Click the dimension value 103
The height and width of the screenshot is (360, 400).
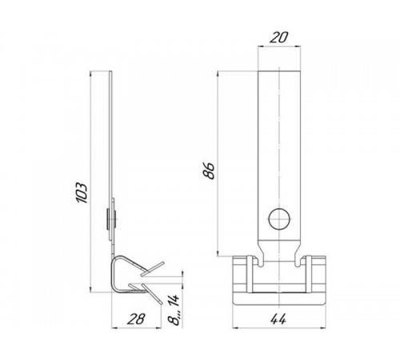82,193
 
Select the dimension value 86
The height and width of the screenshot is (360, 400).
209,170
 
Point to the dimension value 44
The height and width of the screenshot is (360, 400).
278,319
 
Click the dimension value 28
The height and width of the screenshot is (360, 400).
136,319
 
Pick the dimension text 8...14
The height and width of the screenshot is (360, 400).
174,310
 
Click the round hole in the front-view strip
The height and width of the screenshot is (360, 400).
279,219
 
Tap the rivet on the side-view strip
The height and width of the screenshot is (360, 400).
111,219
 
